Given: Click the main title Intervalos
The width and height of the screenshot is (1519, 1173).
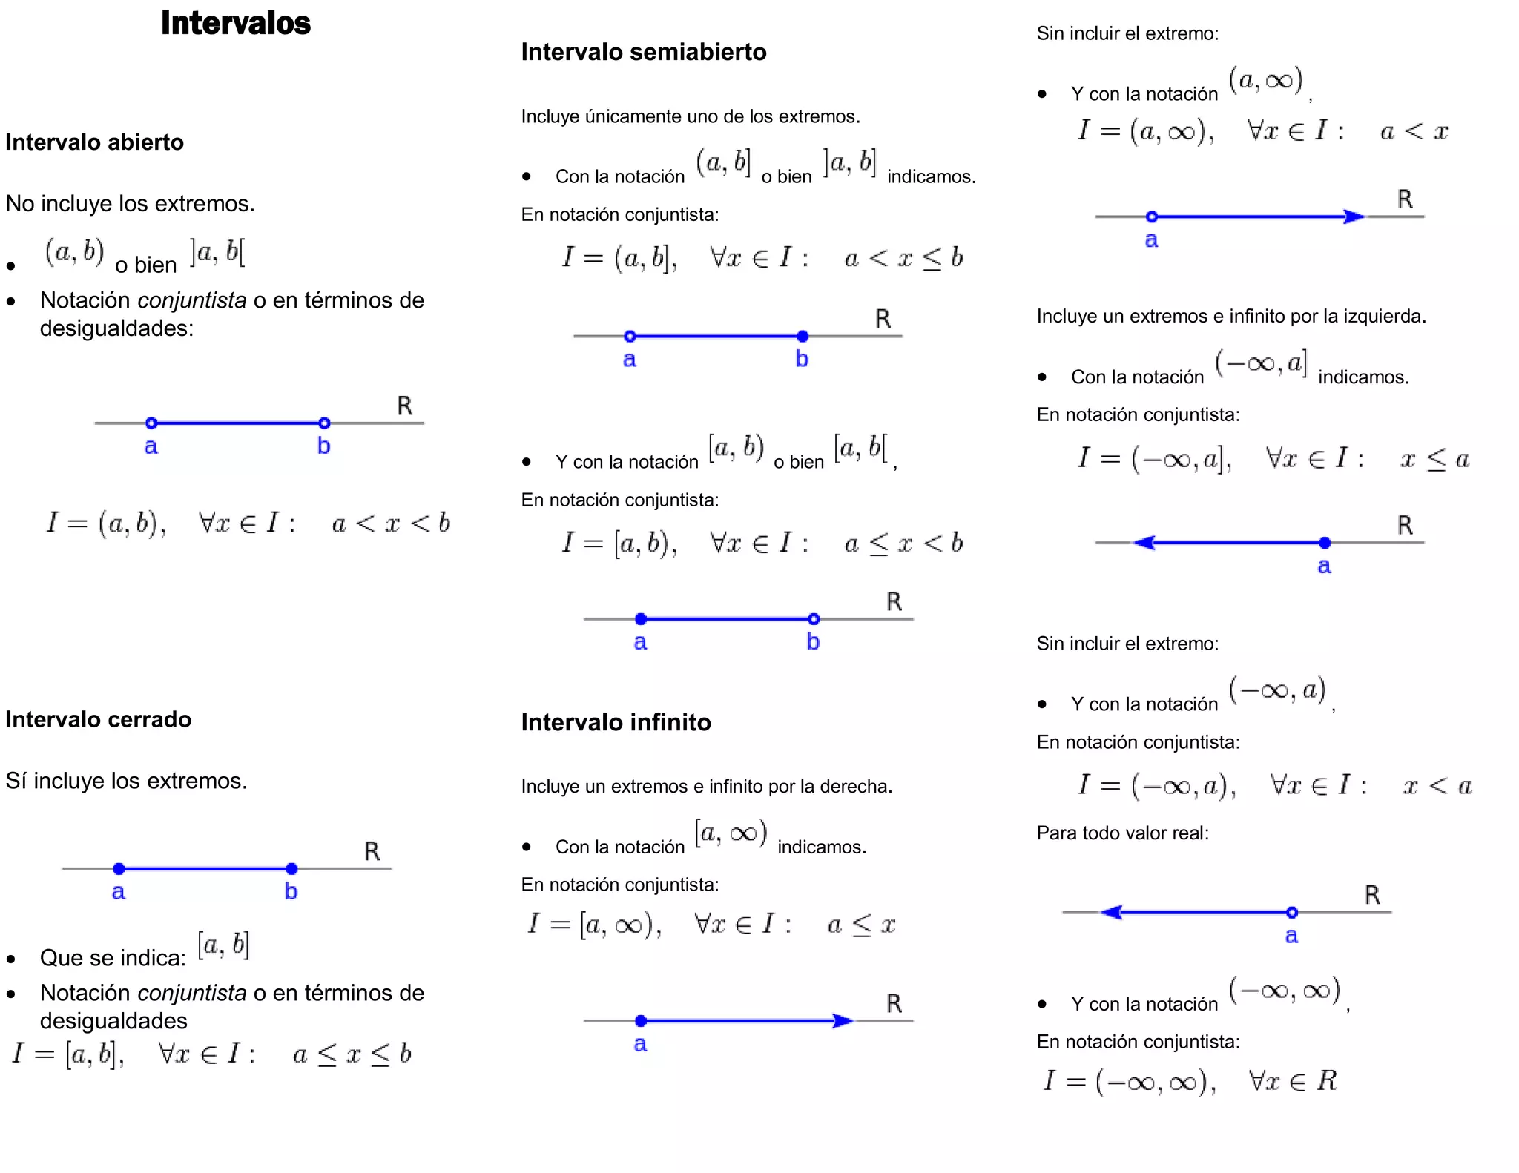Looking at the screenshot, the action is tap(235, 23).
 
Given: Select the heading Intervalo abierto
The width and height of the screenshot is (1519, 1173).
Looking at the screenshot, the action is tap(94, 142).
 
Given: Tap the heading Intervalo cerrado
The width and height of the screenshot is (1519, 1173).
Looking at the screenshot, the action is tap(98, 719).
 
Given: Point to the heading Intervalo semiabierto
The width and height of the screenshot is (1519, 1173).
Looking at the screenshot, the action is tap(643, 52).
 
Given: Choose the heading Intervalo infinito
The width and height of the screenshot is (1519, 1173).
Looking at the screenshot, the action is tap(616, 722).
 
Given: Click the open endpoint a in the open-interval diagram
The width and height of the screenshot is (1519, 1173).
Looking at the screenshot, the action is tap(151, 423).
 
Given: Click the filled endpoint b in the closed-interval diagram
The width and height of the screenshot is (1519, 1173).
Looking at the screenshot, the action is tap(291, 868).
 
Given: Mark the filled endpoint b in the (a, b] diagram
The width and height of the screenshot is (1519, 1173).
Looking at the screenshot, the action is tap(803, 337).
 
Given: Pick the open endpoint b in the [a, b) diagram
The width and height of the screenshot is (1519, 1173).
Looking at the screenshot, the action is tap(814, 619).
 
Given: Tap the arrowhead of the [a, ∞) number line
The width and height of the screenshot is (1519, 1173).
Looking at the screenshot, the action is tap(843, 1021).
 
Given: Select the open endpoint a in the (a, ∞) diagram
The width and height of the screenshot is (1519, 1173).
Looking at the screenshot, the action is tap(1151, 217).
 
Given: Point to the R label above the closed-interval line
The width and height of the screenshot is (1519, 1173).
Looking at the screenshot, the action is tap(372, 851).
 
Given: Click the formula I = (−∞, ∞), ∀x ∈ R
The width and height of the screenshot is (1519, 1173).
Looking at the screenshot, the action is tap(1190, 1081).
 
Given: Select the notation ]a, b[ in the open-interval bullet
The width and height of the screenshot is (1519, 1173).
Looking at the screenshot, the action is tap(217, 253).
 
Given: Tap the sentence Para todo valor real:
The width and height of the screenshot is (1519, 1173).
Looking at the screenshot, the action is tap(1122, 833).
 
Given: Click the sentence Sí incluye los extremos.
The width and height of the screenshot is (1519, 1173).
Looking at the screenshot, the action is tap(126, 781).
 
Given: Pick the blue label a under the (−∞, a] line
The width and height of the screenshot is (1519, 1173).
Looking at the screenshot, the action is tap(1324, 566).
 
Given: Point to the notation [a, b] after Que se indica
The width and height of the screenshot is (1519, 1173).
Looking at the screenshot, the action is tap(223, 945).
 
